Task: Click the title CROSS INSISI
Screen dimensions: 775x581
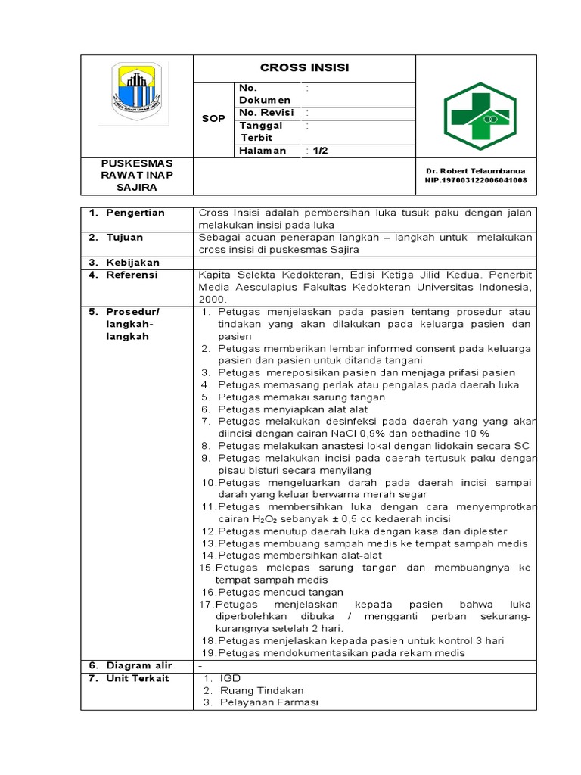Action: [x=304, y=68]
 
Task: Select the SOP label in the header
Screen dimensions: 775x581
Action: [x=213, y=119]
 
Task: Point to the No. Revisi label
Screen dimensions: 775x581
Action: [x=266, y=113]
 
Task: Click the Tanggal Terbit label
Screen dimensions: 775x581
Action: [x=261, y=132]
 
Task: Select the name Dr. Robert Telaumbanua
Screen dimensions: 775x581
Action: [x=476, y=171]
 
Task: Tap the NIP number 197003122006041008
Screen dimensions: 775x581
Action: [x=476, y=180]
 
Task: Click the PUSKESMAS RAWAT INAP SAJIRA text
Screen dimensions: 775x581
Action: [x=137, y=175]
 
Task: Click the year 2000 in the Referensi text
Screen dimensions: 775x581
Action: [x=213, y=299]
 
